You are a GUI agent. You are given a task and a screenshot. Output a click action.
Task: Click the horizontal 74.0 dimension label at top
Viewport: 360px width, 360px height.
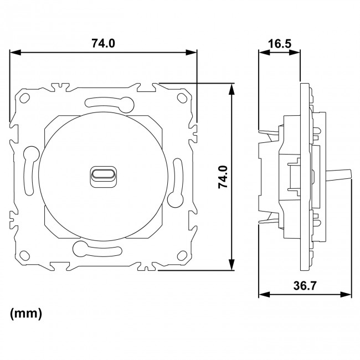point(103,43)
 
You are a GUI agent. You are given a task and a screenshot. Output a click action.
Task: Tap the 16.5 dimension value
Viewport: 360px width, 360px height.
point(280,43)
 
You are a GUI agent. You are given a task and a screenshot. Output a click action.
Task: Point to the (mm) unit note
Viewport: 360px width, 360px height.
point(26,313)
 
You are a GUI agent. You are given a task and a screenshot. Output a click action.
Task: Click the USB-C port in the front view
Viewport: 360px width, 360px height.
point(103,174)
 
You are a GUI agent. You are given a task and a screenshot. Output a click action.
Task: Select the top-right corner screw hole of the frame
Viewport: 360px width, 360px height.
point(182,98)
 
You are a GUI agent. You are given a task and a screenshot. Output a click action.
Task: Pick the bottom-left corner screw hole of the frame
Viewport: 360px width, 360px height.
point(24,256)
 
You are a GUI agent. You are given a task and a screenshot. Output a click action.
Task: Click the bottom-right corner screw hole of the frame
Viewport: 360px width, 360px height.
point(182,256)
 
